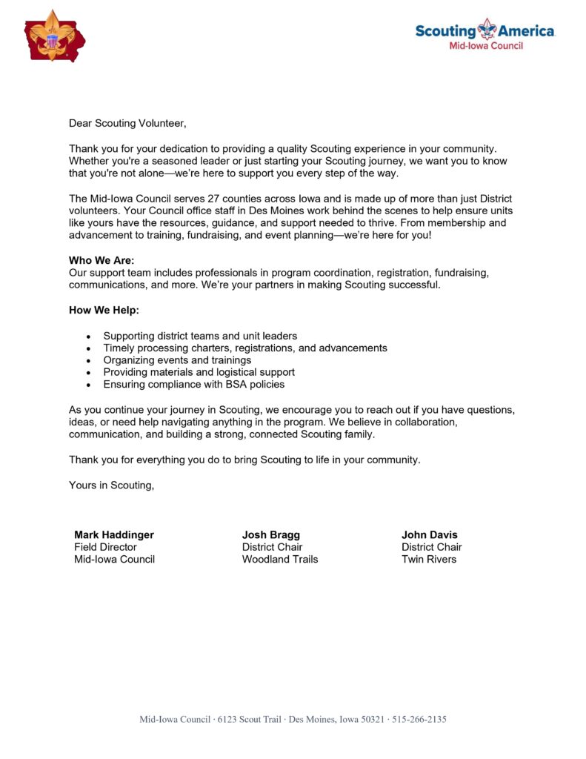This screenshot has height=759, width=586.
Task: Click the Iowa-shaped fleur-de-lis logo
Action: [53, 36]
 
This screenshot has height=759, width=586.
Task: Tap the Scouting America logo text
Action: [485, 31]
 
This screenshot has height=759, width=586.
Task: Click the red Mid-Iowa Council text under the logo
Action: [486, 46]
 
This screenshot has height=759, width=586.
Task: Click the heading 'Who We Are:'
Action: [101, 261]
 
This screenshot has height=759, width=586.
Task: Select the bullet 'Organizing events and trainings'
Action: [177, 360]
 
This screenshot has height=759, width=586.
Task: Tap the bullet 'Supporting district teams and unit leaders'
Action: [200, 336]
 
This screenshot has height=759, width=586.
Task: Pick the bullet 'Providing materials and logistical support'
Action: [199, 372]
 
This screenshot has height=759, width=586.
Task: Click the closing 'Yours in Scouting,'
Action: [112, 485]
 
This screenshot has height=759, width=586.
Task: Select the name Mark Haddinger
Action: [114, 535]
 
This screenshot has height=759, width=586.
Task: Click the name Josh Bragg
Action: [271, 535]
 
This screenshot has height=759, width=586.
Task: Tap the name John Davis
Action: [430, 535]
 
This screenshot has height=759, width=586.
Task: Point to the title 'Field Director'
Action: [105, 547]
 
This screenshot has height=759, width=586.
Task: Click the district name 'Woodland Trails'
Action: [280, 560]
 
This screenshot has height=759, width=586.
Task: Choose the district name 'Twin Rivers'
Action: [429, 560]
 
